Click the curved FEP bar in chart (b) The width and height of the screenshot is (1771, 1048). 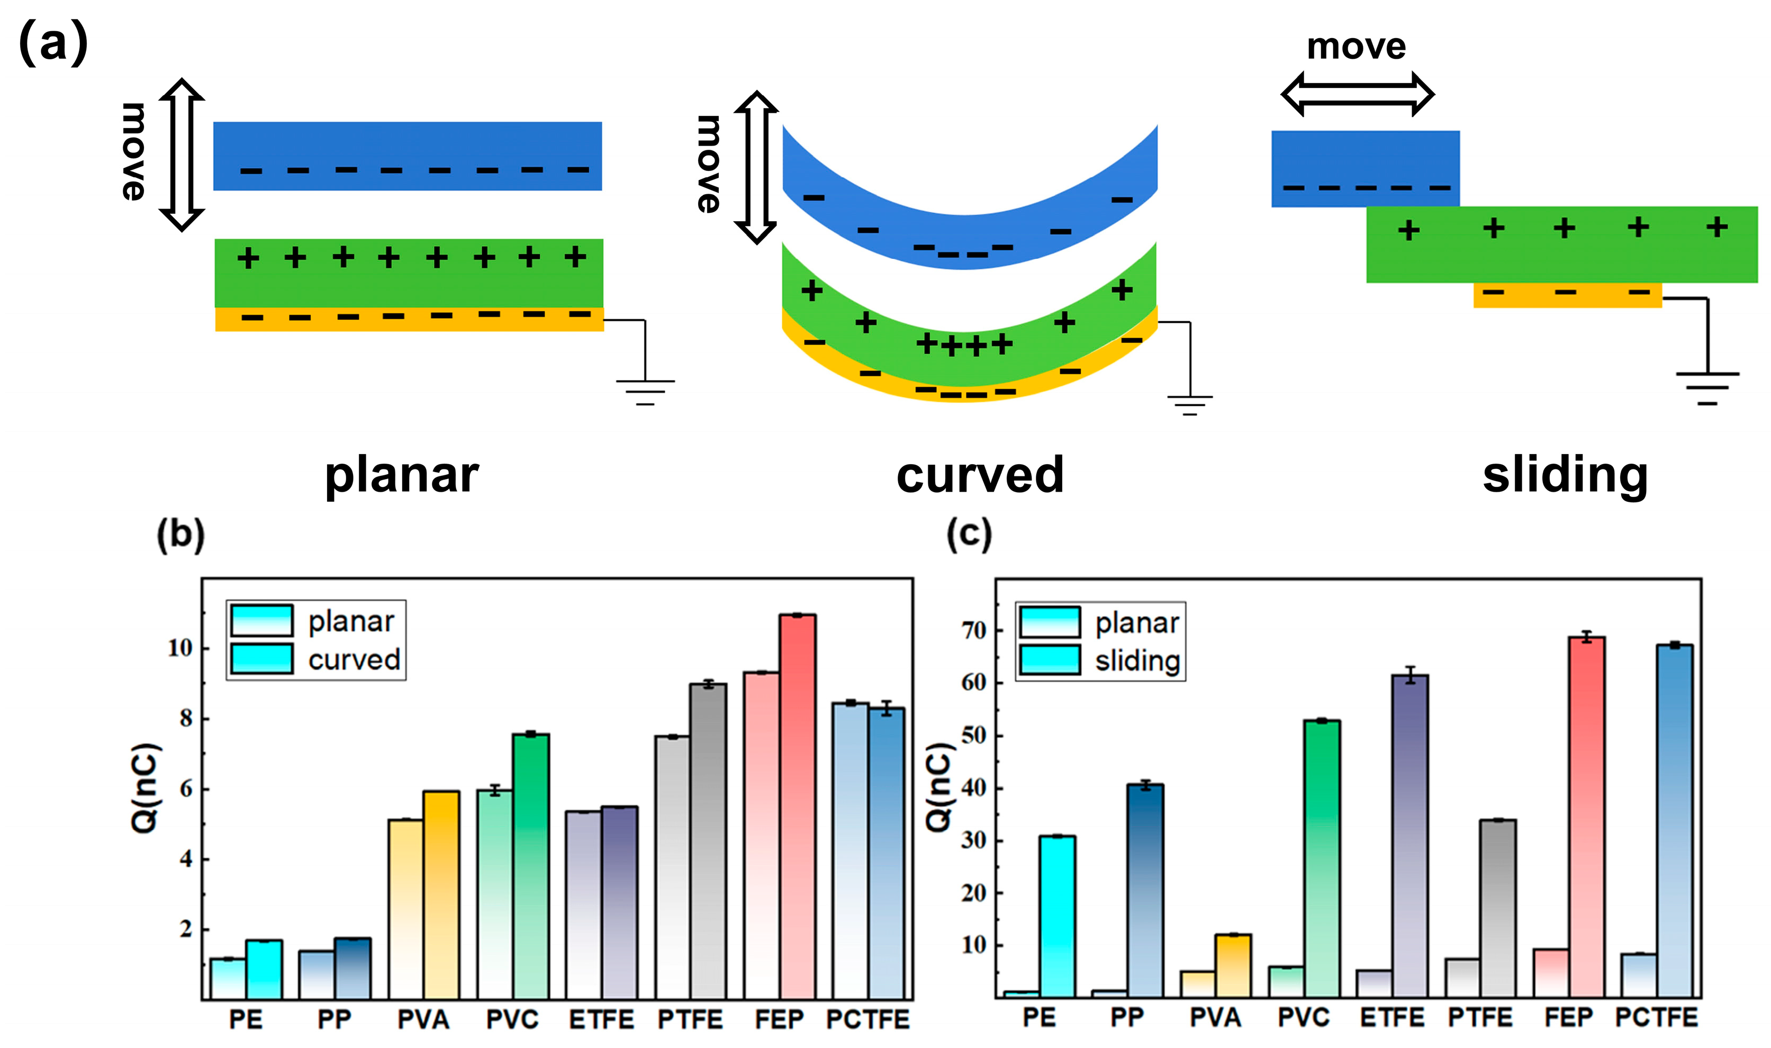(797, 805)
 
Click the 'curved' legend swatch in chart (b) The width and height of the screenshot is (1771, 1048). (261, 659)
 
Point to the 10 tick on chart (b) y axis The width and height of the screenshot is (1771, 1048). (180, 648)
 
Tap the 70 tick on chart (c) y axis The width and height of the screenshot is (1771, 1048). (974, 630)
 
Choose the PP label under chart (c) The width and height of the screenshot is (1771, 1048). (1126, 1018)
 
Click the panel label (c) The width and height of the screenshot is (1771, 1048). (969, 535)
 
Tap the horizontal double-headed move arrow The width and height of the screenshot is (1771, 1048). (1357, 94)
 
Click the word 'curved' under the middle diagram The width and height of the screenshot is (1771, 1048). (979, 475)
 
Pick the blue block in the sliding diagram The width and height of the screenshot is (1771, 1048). (1365, 168)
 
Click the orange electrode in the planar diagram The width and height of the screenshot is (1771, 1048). (410, 320)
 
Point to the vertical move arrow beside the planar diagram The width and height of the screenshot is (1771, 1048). (182, 155)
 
